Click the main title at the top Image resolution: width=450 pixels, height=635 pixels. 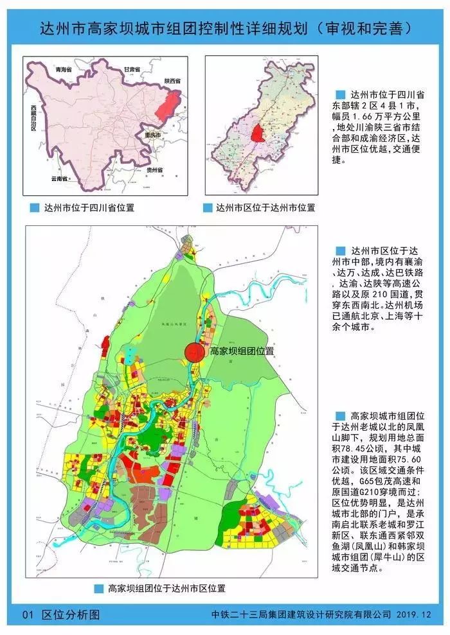click(x=225, y=30)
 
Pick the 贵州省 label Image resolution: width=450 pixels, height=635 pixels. click(x=154, y=170)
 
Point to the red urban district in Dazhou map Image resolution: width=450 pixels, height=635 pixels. click(x=258, y=135)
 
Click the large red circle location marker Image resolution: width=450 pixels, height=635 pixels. click(x=195, y=352)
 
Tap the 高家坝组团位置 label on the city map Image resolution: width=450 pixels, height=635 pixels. click(x=242, y=352)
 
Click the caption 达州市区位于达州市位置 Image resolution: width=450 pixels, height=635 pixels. click(x=265, y=208)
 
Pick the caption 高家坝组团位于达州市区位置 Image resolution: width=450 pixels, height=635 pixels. click(x=166, y=587)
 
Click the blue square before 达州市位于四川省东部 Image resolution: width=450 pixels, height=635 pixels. click(x=341, y=94)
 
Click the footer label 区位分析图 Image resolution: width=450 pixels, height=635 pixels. click(x=71, y=614)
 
